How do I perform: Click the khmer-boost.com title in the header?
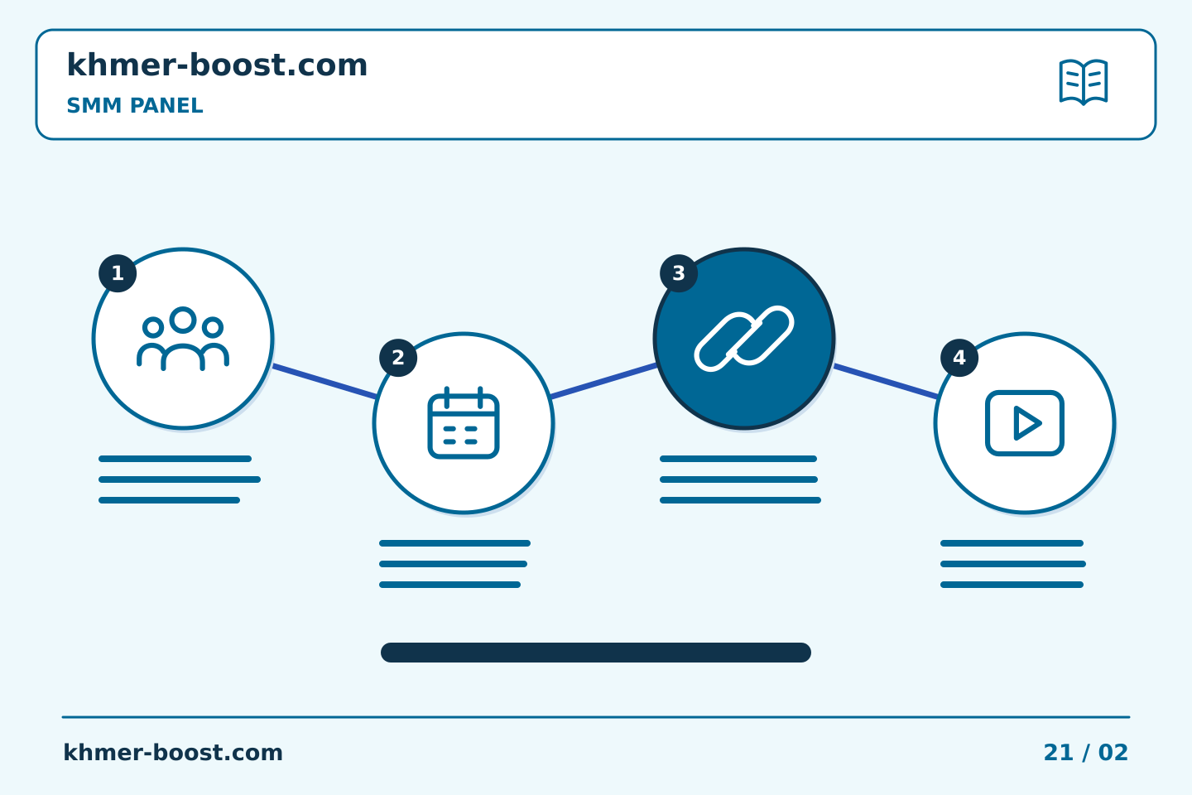pyautogui.click(x=217, y=65)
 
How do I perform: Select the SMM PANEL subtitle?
pyautogui.click(x=135, y=105)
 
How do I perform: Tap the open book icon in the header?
pyautogui.click(x=1084, y=82)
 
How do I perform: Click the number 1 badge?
pyautogui.click(x=118, y=273)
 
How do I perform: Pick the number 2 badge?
pyautogui.click(x=398, y=358)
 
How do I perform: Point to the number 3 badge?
pyautogui.click(x=679, y=273)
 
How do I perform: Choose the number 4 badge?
pyautogui.click(x=959, y=358)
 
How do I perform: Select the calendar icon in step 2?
pyautogui.click(x=464, y=422)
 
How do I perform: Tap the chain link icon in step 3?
pyautogui.click(x=744, y=339)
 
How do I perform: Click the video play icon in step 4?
pyautogui.click(x=1025, y=423)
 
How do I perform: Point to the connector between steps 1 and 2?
pyautogui.click(x=324, y=381)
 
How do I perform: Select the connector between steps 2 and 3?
pyautogui.click(x=604, y=381)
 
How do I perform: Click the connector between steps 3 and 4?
pyautogui.click(x=886, y=381)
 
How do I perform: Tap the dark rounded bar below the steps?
pyautogui.click(x=596, y=653)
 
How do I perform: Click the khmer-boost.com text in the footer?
pyautogui.click(x=173, y=753)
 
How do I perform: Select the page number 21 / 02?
pyautogui.click(x=1085, y=753)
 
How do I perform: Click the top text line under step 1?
pyautogui.click(x=175, y=459)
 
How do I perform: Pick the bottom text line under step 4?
pyautogui.click(x=1012, y=585)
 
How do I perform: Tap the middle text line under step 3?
pyautogui.click(x=738, y=479)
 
